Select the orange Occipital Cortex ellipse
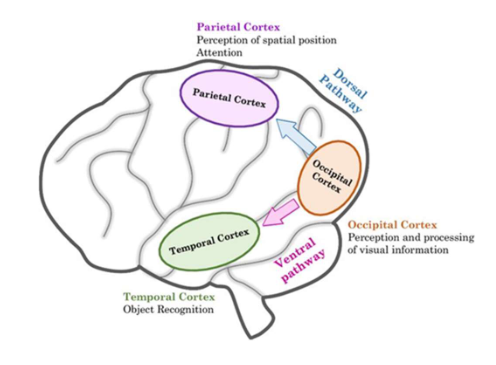coord(329,180)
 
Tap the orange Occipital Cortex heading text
coord(395,224)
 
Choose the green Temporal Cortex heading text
coord(168,298)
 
